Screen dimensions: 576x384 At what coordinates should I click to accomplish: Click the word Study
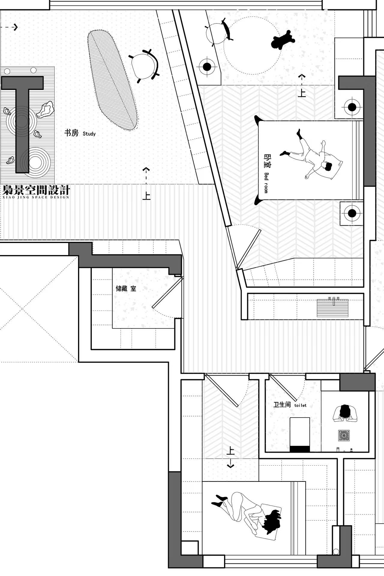[89, 134]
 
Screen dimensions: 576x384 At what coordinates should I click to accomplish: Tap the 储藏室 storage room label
[126, 289]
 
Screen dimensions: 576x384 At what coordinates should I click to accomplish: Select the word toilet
[300, 405]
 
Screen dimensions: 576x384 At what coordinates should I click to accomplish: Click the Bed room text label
[266, 183]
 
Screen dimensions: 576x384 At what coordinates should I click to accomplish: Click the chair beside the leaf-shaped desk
[144, 66]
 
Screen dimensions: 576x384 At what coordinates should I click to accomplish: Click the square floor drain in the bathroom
[344, 436]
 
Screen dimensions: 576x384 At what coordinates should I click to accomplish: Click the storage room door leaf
[167, 293]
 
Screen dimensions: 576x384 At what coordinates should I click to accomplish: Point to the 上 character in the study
[146, 196]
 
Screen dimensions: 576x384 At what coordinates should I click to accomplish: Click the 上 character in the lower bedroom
[230, 451]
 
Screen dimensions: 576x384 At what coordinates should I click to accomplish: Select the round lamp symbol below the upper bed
[352, 213]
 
